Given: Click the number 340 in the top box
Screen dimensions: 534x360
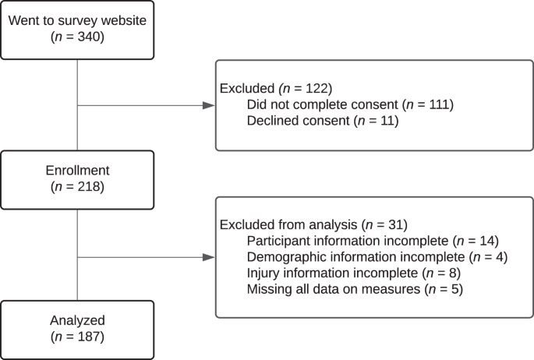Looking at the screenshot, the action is [x=89, y=37].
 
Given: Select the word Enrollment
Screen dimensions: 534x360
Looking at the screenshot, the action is [x=78, y=170].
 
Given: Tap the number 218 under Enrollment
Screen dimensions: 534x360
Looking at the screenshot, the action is [x=89, y=186].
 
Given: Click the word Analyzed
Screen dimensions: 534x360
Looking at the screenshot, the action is [x=78, y=320].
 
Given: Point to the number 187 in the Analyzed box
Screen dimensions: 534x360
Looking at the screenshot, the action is [x=89, y=337].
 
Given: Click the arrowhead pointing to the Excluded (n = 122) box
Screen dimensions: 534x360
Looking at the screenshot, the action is [x=208, y=105].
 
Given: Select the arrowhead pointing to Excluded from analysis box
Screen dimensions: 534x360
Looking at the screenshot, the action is [x=208, y=257].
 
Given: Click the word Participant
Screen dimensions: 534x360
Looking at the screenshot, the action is [x=278, y=241].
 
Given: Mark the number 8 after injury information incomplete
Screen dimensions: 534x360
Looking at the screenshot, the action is [x=453, y=274].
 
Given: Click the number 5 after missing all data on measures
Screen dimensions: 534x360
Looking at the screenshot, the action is [x=455, y=289].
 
